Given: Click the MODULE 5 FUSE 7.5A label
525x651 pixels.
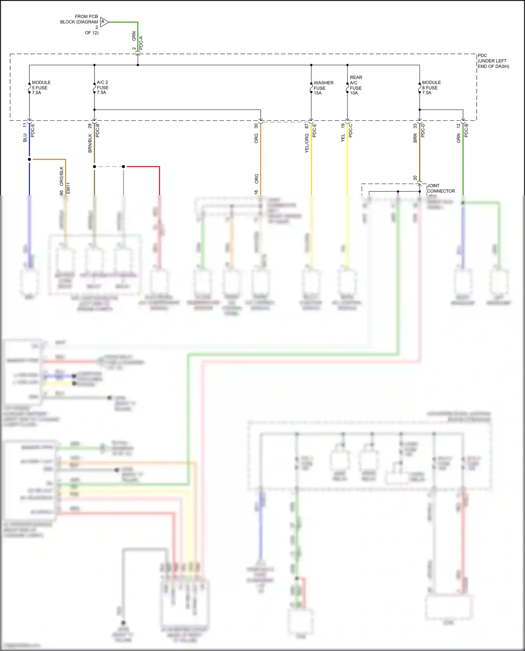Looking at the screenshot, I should click(41, 87).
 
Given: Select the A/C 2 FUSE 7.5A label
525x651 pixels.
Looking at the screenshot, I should click(103, 87).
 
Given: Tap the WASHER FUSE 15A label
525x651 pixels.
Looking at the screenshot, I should click(323, 88).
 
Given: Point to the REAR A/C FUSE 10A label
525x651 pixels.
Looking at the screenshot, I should click(356, 85).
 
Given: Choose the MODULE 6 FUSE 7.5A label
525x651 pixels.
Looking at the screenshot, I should click(431, 87).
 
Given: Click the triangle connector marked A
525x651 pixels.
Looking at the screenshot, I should click(104, 22).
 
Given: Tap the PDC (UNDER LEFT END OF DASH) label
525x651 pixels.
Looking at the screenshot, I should click(493, 61).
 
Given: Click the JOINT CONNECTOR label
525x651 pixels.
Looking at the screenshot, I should click(441, 188).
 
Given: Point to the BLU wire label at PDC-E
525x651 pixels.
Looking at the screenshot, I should click(25, 137).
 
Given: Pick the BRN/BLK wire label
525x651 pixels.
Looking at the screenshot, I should click(90, 143).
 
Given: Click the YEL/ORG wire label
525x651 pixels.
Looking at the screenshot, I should click(307, 143).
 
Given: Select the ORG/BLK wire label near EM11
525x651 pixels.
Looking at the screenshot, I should click(62, 176).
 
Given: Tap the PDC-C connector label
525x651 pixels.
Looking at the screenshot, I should click(351, 130).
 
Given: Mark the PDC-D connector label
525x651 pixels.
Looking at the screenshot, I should click(423, 130).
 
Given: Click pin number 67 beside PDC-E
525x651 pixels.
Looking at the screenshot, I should click(307, 126).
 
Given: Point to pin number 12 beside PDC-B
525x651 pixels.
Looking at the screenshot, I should click(458, 126).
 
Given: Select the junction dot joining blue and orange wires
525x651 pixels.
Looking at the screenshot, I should click(29, 160).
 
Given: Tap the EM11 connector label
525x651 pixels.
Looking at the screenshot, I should click(68, 188).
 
